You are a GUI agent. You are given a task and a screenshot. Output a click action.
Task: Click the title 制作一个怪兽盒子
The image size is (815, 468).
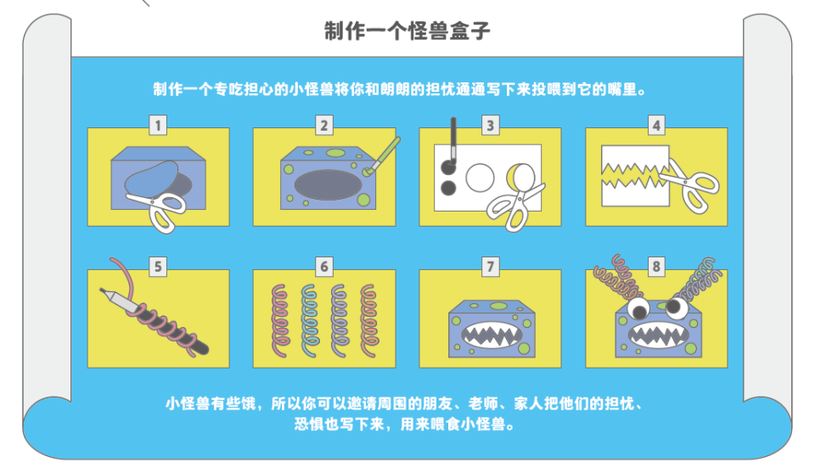[407, 31]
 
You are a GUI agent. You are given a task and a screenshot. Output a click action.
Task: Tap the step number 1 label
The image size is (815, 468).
[158, 126]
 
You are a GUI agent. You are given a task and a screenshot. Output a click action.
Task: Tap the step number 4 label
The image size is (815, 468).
[655, 126]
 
